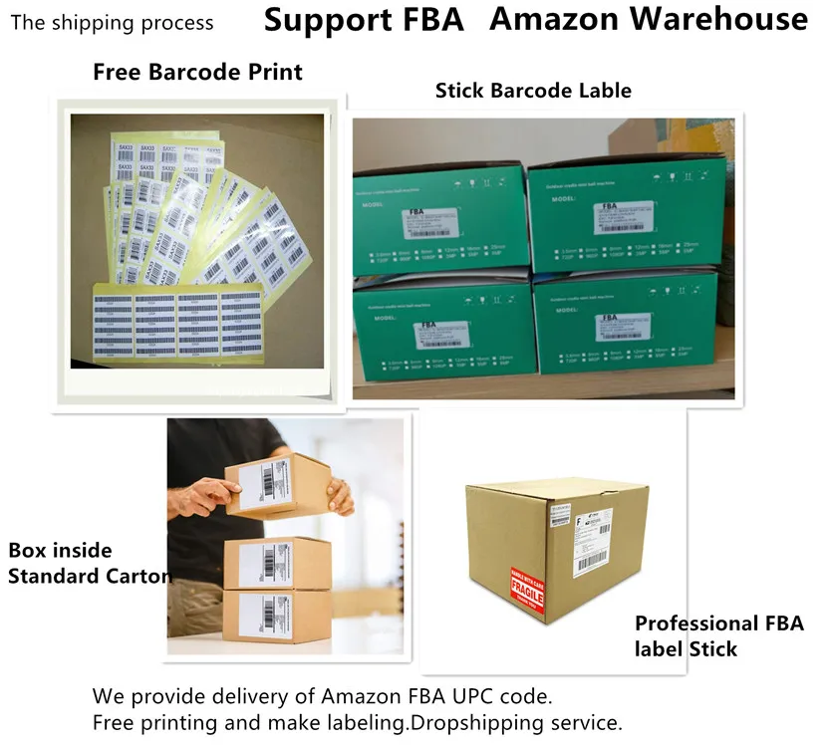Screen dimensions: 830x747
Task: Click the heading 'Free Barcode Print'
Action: tap(197, 72)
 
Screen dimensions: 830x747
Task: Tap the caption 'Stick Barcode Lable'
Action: tap(533, 91)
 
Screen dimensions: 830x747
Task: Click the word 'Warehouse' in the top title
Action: tap(731, 19)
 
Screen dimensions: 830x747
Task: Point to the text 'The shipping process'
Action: tap(112, 22)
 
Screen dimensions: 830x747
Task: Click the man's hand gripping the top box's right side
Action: tap(339, 494)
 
